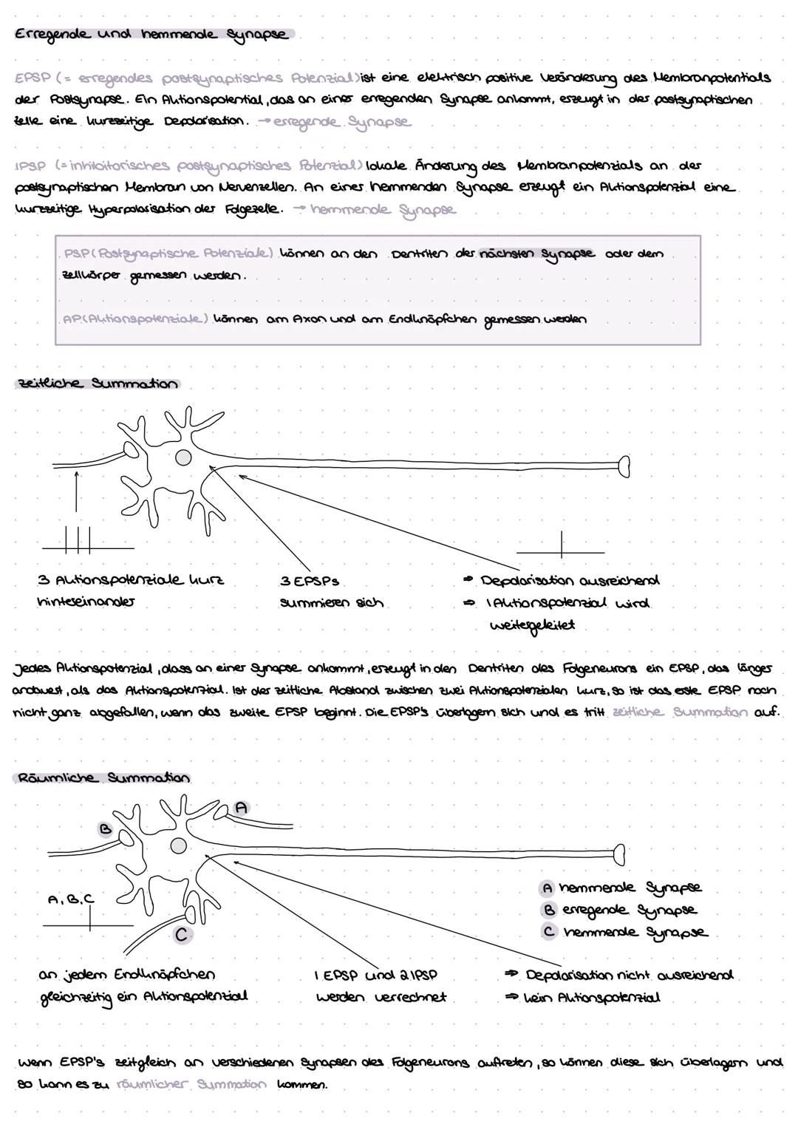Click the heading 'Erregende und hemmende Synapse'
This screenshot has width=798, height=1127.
click(151, 35)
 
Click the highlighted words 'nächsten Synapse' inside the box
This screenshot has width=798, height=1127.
click(537, 253)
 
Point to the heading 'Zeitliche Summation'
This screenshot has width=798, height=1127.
click(97, 384)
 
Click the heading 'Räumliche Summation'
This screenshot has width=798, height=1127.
click(102, 777)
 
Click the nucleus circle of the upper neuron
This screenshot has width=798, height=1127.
click(182, 458)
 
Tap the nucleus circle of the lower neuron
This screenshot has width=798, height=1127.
click(178, 844)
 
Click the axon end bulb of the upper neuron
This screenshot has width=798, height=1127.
click(624, 466)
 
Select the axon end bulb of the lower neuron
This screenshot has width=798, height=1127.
click(619, 854)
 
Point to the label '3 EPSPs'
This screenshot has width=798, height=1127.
click(310, 582)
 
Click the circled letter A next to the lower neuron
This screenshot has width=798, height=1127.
click(241, 808)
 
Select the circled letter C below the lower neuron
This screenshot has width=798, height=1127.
click(181, 934)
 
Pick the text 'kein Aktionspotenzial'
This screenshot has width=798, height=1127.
click(592, 998)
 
